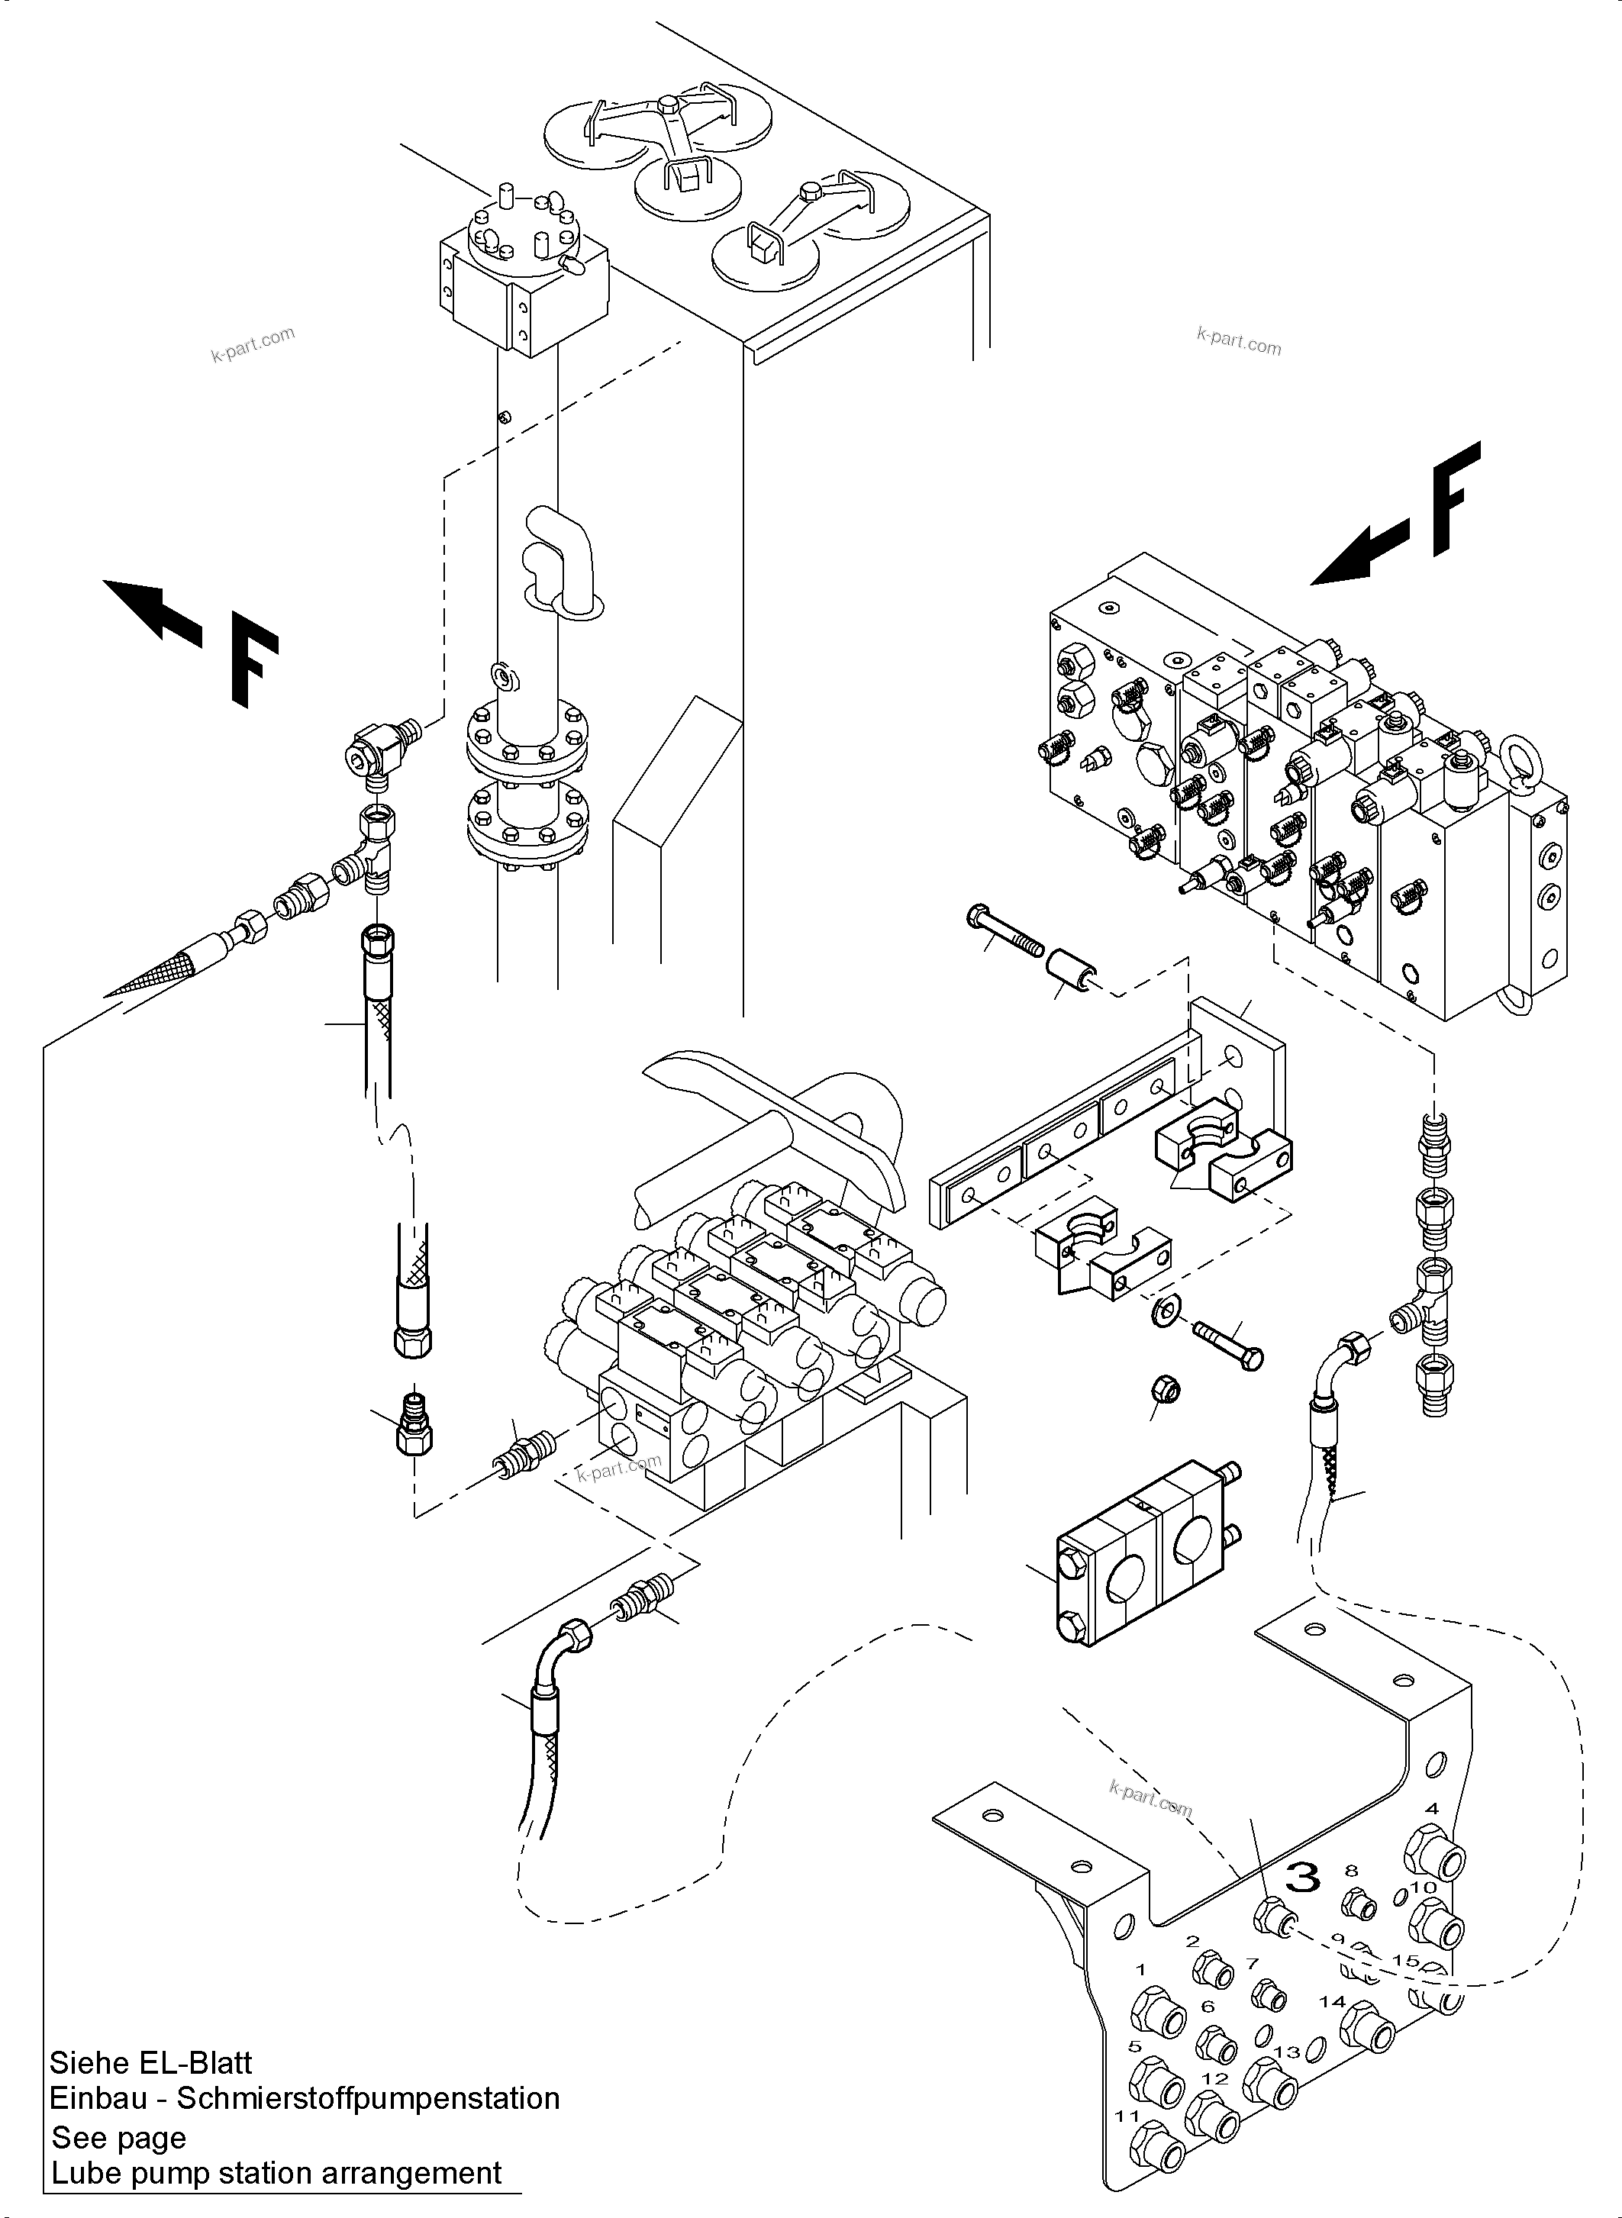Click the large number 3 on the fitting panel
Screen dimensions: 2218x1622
coord(1303,1878)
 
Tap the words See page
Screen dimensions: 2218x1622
coord(119,2138)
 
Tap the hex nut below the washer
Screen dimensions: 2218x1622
coord(1163,1389)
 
